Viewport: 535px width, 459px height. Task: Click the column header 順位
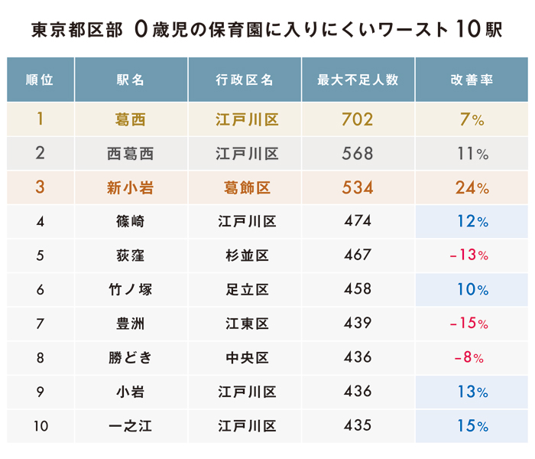point(40,80)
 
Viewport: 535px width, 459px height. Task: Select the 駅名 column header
point(131,80)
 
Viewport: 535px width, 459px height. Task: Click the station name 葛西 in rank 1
point(131,119)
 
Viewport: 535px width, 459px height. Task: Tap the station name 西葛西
point(131,154)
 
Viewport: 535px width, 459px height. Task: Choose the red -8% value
point(469,357)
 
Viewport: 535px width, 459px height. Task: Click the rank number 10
point(40,425)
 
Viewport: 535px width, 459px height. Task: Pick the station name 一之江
point(131,425)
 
